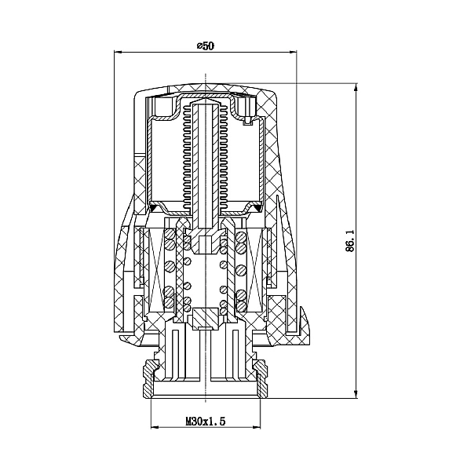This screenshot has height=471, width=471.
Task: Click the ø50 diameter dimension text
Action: point(205,46)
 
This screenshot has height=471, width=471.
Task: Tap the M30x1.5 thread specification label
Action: point(206,421)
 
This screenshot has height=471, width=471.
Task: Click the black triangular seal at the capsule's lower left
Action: point(155,207)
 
